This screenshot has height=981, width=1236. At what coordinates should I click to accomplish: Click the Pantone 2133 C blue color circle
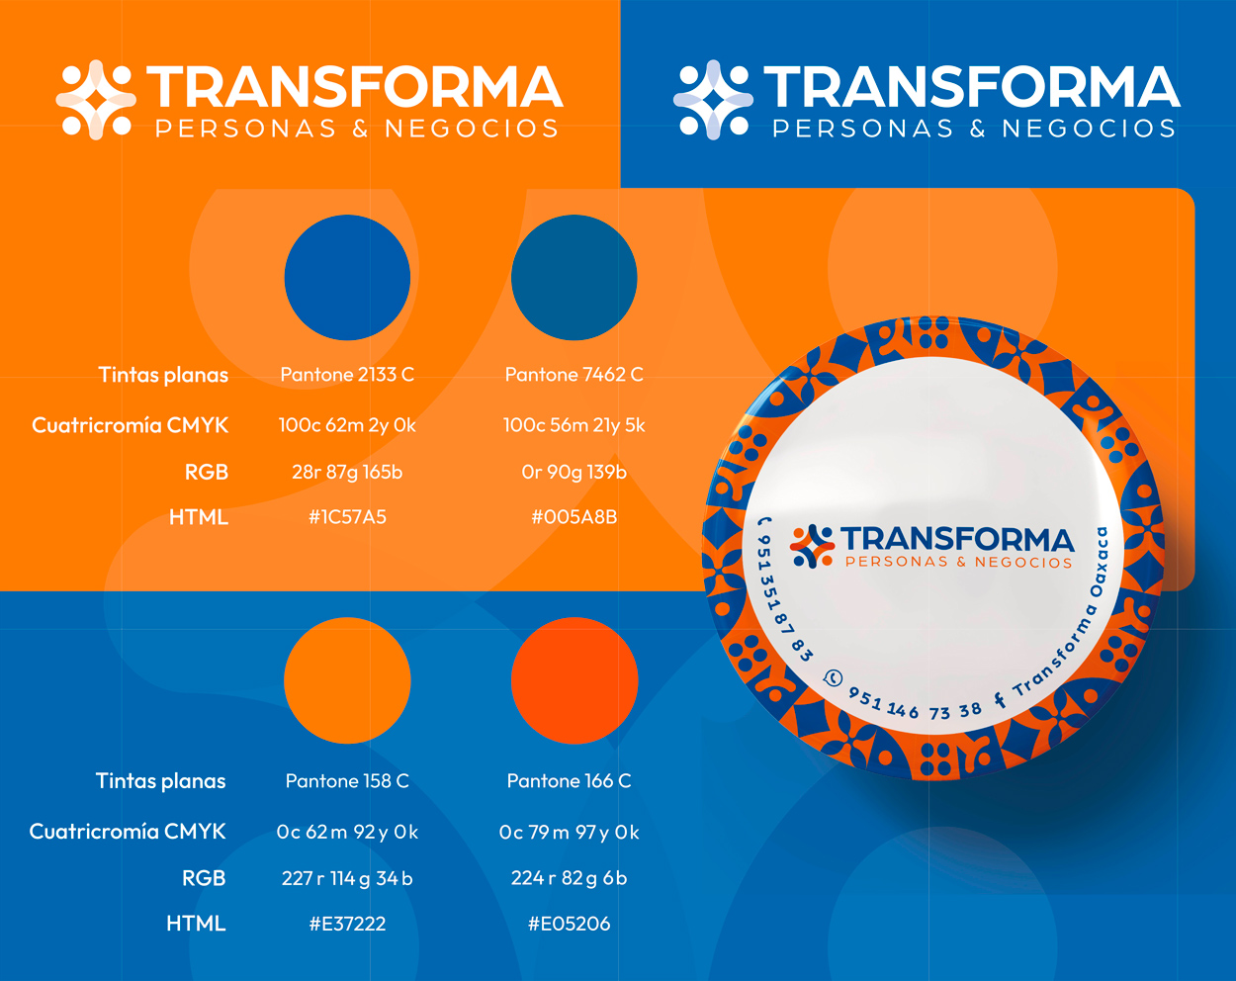[347, 278]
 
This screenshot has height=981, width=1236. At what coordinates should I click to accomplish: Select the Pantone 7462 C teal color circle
[574, 278]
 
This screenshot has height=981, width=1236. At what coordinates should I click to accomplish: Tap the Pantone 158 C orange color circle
[347, 680]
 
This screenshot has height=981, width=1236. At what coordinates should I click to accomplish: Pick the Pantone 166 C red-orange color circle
[574, 680]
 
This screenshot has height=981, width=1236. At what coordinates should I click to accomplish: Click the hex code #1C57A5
[347, 517]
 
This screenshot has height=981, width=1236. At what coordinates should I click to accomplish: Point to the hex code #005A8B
[574, 517]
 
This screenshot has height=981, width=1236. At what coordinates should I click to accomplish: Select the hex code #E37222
[347, 924]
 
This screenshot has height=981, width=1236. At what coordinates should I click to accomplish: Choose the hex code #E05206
[569, 924]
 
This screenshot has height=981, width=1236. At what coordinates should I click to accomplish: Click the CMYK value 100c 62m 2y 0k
[347, 425]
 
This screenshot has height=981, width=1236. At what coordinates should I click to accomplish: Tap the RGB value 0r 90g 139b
[574, 472]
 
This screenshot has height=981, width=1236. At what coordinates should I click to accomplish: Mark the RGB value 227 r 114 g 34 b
[347, 878]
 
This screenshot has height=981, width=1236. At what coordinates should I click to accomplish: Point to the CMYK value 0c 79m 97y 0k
[569, 832]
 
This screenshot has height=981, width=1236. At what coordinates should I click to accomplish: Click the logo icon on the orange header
[96, 99]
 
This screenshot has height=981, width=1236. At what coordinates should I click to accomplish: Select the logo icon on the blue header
[713, 99]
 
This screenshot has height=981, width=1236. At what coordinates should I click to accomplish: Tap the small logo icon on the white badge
[812, 546]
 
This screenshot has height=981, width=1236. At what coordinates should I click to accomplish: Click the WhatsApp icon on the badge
[833, 677]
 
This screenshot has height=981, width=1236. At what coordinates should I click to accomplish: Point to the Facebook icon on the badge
[1000, 700]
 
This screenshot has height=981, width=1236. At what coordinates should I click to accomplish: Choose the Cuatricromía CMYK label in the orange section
[130, 425]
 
